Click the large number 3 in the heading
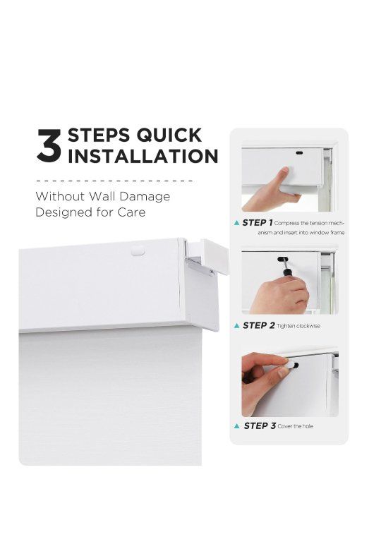coord(49,145)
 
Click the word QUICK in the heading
coord(169,135)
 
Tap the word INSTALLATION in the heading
coord(143,156)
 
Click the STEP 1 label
coord(257,223)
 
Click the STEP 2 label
coord(258,325)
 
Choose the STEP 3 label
coord(260,425)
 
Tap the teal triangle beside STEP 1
coord(236,223)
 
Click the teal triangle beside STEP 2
coord(236,325)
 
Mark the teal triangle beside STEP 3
coord(236,425)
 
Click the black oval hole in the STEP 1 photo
coord(299,152)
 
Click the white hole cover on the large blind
coord(138,250)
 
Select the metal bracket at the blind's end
coord(200,267)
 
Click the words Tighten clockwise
coord(298,326)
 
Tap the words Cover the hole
coord(296,426)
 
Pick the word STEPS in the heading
coord(99,135)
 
